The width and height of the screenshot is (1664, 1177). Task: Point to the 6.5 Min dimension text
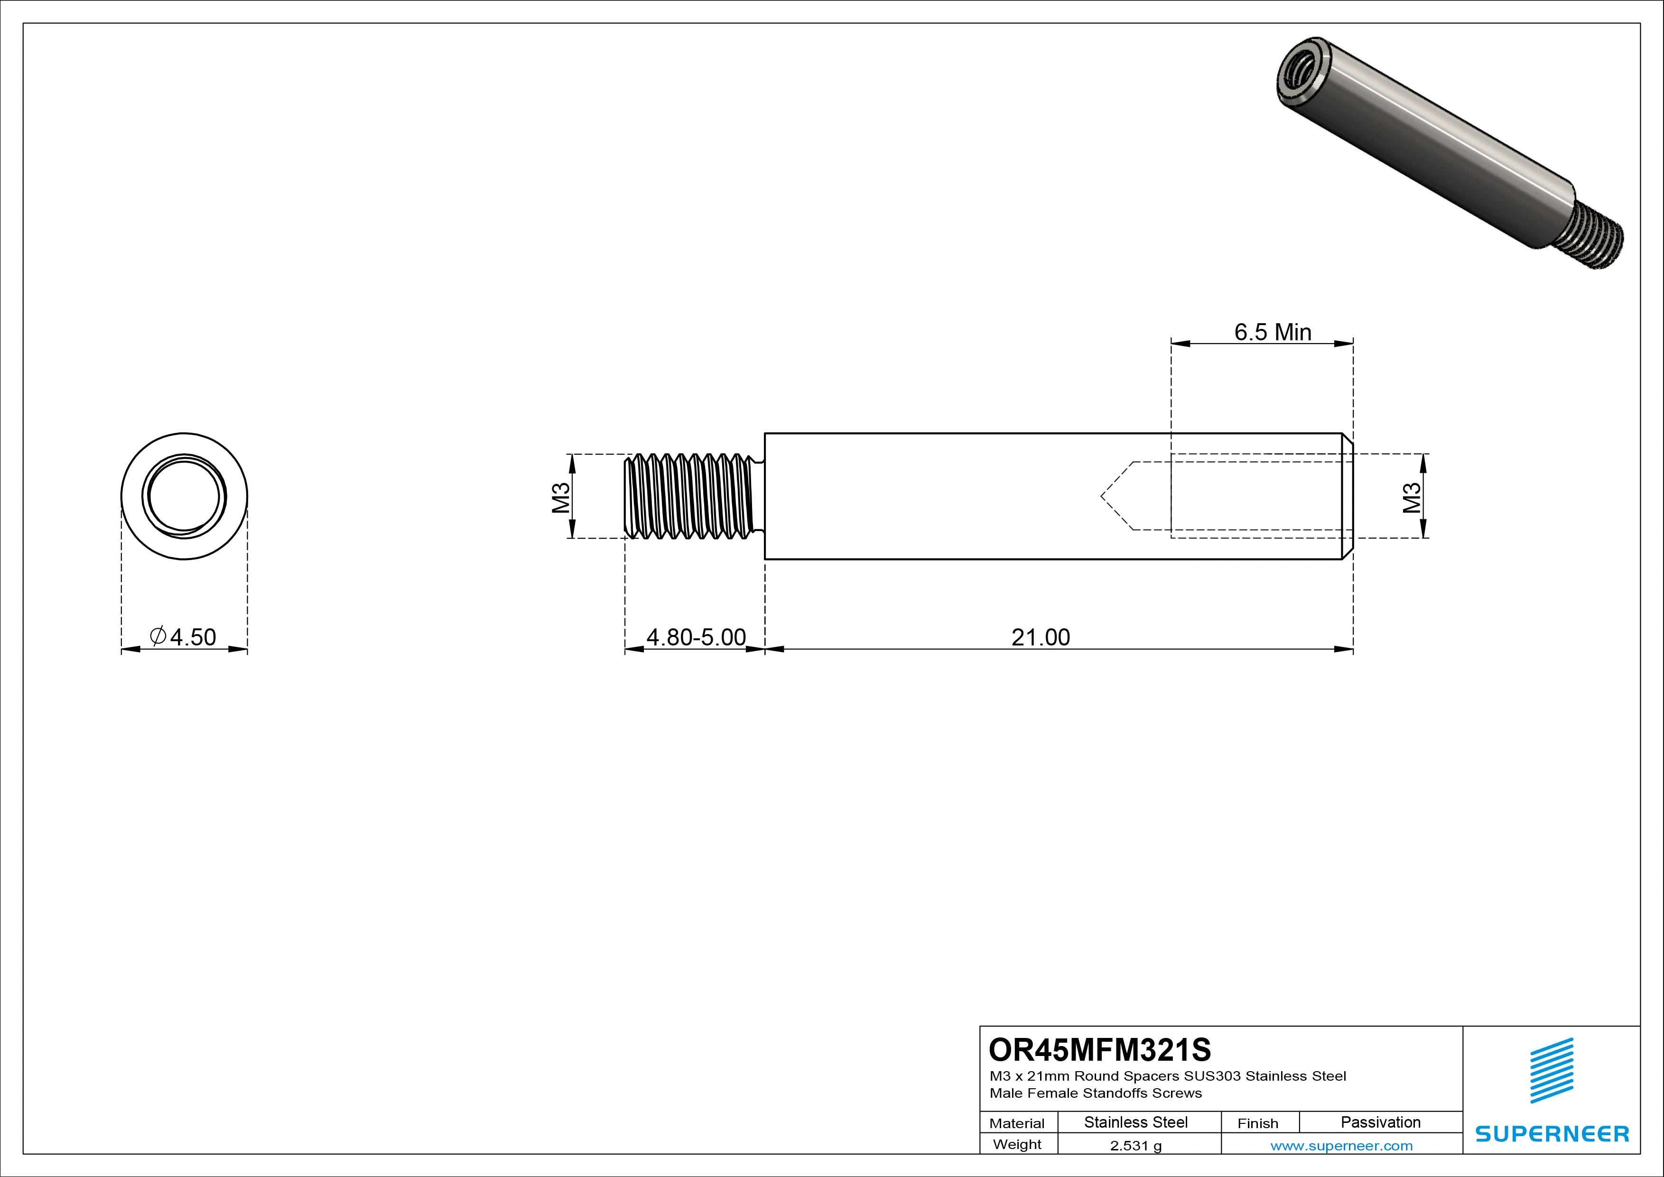[x=1273, y=332]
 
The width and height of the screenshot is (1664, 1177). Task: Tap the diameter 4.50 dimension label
[x=183, y=637]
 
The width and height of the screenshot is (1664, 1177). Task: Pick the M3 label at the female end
[x=1412, y=497]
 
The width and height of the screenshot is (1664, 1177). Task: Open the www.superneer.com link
[x=1341, y=1146]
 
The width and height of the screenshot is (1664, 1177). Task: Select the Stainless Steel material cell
[x=1135, y=1122]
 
